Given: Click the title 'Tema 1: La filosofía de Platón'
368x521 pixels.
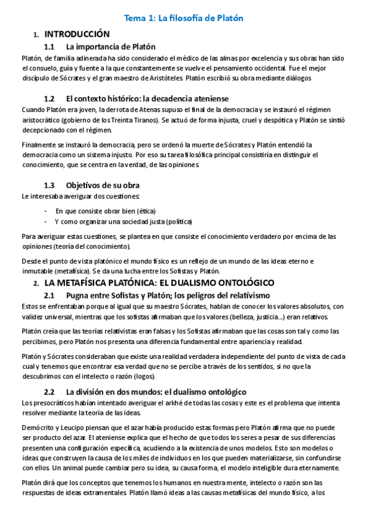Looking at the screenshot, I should (x=184, y=18).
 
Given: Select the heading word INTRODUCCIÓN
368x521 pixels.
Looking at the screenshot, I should (x=77, y=34).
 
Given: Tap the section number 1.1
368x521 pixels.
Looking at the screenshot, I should (x=50, y=47).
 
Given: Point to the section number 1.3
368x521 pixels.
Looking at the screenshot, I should (x=50, y=185).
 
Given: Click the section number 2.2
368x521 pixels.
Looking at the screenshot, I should (x=50, y=391).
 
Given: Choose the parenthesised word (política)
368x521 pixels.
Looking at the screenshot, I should (x=176, y=221).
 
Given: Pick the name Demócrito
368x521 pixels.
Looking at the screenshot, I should (x=39, y=426).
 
